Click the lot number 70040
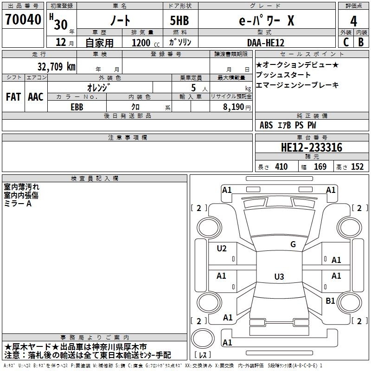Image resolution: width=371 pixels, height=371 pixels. pyautogui.click(x=23, y=19)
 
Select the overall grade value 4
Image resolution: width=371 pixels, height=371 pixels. pyautogui.click(x=353, y=21)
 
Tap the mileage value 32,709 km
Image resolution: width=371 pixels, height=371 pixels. pyautogui.click(x=56, y=67)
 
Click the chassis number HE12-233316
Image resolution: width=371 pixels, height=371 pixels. pyautogui.click(x=312, y=147)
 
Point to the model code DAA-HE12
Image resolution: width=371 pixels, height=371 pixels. pyautogui.click(x=265, y=43)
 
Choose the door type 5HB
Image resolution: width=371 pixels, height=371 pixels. pyautogui.click(x=179, y=20)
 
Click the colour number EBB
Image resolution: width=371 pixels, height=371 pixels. pyautogui.click(x=77, y=107)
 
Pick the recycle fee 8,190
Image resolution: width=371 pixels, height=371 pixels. pyautogui.click(x=233, y=107)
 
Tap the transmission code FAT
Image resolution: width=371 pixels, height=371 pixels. pyautogui.click(x=13, y=97)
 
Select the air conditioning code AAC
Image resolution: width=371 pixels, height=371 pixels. pyautogui.click(x=36, y=97)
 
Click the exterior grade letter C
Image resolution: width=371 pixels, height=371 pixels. pyautogui.click(x=346, y=42)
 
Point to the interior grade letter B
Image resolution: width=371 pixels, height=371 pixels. pyautogui.click(x=361, y=42)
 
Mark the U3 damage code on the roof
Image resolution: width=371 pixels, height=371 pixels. pyautogui.click(x=279, y=276)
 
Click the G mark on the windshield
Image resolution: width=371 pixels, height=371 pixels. pyautogui.click(x=293, y=244)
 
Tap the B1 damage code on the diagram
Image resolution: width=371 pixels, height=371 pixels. pyautogui.click(x=330, y=301)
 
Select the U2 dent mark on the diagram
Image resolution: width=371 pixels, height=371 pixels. pyautogui.click(x=222, y=249)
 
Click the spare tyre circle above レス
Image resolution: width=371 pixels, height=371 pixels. pyautogui.click(x=203, y=338)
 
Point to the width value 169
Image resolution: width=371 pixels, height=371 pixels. pyautogui.click(x=320, y=166)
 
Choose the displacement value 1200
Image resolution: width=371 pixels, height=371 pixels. pyautogui.click(x=141, y=43)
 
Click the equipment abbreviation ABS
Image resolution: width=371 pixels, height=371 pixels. pyautogui.click(x=266, y=125)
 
